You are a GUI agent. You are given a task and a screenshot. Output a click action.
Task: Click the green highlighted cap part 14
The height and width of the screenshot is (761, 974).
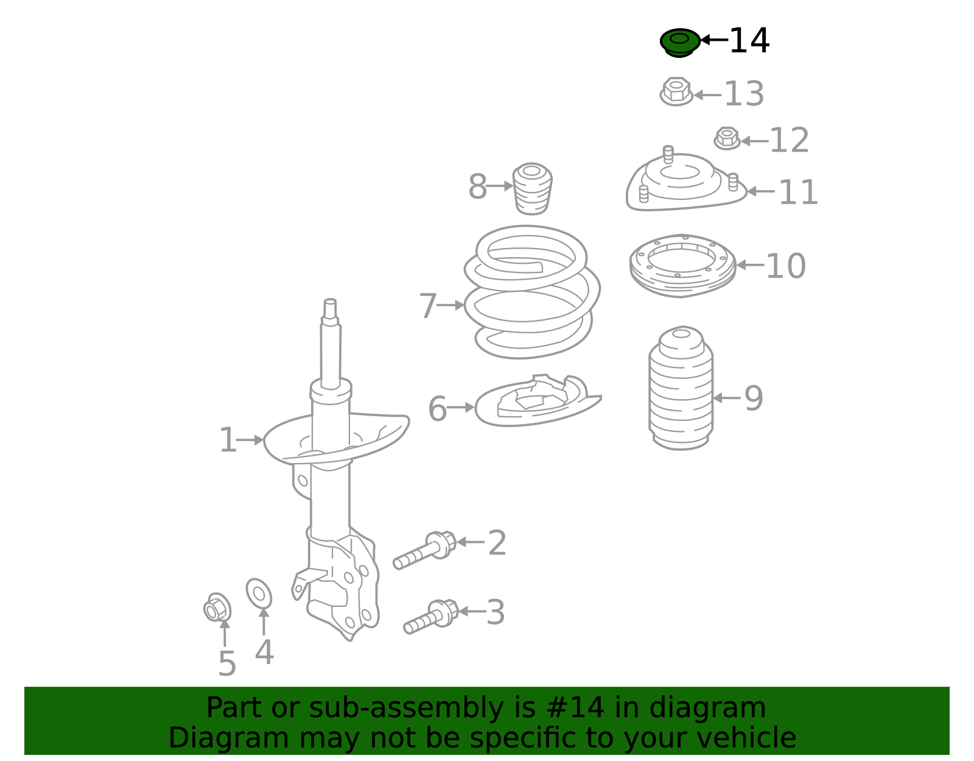coord(679,42)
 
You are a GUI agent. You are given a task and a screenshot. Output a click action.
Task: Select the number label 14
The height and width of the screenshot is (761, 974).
coord(749,41)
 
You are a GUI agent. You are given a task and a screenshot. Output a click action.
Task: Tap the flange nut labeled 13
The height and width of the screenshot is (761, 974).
coord(676,92)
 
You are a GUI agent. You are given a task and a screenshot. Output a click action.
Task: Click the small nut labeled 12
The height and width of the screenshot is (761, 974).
coord(727,138)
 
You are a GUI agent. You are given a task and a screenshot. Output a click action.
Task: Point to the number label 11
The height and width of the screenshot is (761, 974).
coord(798,193)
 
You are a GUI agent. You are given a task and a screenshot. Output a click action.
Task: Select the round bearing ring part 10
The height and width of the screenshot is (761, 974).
coord(682,265)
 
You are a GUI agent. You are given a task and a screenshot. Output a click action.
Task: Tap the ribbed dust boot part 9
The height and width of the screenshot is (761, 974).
coord(681,390)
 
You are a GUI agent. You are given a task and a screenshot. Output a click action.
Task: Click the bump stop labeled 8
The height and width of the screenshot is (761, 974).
coord(532,188)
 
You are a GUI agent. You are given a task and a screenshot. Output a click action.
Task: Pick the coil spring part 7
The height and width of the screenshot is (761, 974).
coord(531,292)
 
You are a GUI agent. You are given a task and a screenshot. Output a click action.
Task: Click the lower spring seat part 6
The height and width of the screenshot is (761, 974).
coord(536,402)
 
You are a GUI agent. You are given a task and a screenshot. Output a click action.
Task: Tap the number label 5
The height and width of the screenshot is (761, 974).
coord(226,664)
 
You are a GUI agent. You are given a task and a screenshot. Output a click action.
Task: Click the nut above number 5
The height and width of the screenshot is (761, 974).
coord(217,607)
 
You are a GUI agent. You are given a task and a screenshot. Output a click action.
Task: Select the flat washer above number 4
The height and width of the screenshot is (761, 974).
coord(259,593)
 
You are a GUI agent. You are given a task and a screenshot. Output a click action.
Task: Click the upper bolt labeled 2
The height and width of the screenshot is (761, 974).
coord(426,550)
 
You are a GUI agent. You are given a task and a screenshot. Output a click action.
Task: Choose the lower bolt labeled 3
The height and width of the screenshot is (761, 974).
coord(432,617)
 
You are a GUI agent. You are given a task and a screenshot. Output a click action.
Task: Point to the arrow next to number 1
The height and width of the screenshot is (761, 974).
coord(250,439)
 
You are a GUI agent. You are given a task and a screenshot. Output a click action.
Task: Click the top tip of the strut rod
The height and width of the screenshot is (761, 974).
coord(330,302)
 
